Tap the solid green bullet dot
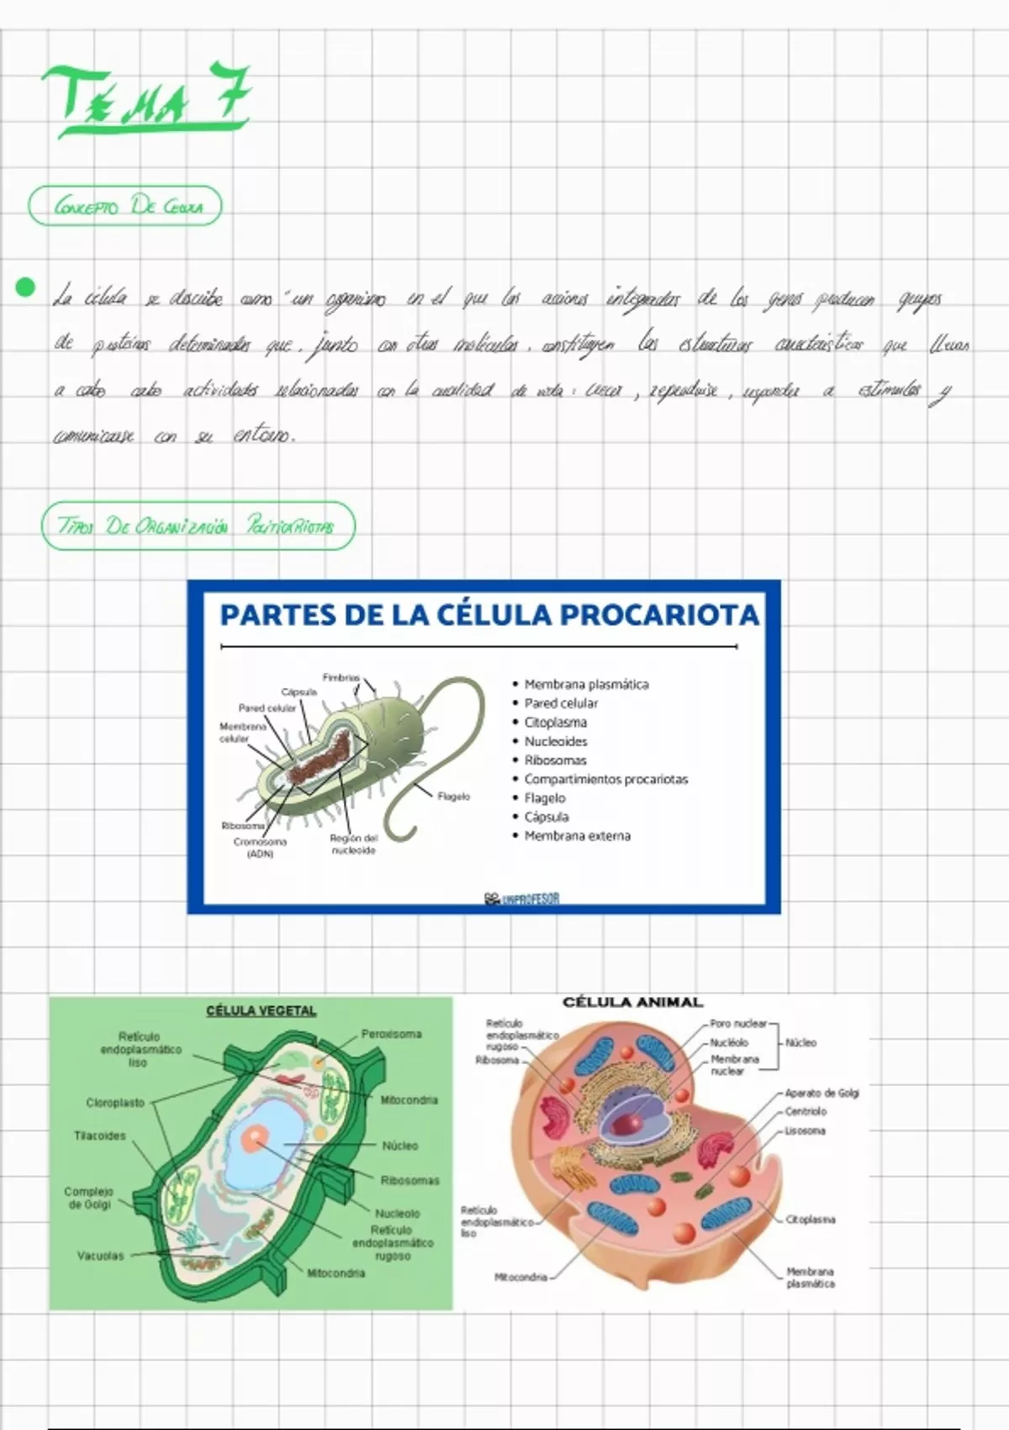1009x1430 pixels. point(25,288)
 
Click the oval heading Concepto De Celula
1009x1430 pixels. point(125,207)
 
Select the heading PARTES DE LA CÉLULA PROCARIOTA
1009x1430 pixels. point(489,615)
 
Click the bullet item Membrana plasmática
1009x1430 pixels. point(586,685)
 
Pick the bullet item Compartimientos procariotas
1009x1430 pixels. point(605,779)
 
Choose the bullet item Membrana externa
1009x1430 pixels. point(577,836)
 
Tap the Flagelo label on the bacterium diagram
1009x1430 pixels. point(454,796)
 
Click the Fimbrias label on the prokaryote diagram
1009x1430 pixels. point(341,677)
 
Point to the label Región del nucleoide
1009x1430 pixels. point(353,844)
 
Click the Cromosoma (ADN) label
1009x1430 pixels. point(260,847)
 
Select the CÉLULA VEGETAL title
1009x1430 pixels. point(261,1011)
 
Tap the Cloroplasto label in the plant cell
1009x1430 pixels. point(115,1103)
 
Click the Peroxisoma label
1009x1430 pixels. point(391,1034)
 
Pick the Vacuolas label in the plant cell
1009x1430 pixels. point(100,1256)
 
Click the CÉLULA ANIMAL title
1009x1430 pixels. point(632,1002)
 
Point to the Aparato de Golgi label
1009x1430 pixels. point(821,1093)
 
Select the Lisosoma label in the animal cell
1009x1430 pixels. point(805,1131)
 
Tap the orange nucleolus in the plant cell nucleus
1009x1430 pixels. point(254,1139)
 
